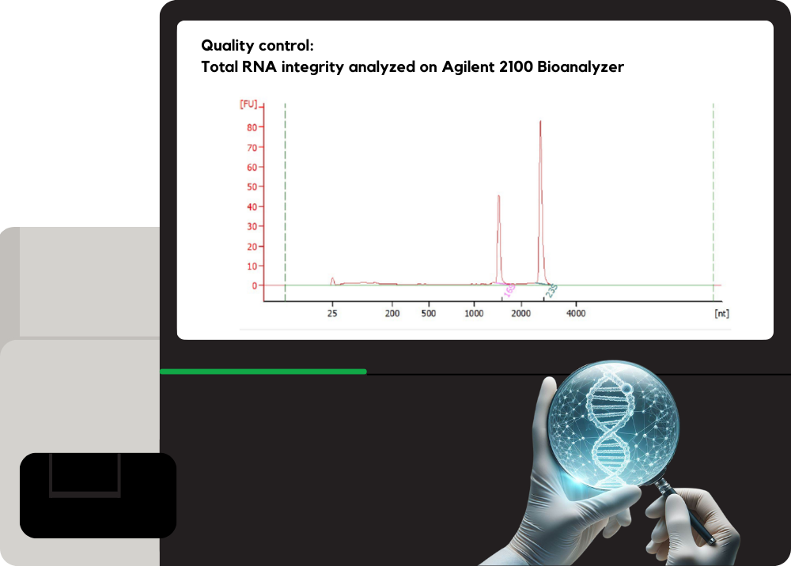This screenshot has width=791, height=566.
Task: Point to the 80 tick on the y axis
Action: (253, 127)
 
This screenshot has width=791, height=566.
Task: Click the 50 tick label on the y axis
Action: (253, 187)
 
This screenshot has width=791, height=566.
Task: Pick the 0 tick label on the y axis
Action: (255, 286)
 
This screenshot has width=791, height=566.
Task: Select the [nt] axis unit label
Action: (721, 314)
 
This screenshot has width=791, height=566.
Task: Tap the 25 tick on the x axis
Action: (332, 314)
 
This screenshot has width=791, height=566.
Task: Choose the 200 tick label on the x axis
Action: (392, 314)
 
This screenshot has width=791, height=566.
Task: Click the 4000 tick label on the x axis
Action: (576, 314)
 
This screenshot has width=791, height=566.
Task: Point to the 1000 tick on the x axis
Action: (474, 314)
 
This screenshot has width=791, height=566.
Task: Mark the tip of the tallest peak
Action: (540, 122)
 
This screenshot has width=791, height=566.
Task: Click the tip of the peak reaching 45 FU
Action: (498, 196)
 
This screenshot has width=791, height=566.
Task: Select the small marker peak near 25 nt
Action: (332, 278)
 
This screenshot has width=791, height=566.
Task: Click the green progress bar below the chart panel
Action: (263, 371)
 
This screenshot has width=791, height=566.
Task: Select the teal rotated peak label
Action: (551, 292)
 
